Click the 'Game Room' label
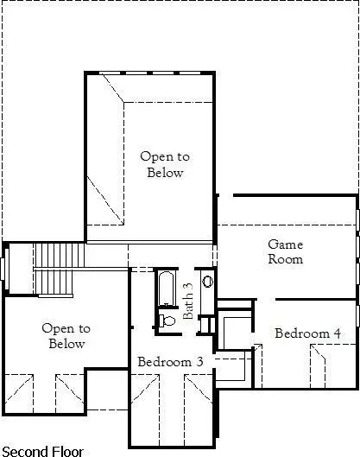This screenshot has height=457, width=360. [x=285, y=251]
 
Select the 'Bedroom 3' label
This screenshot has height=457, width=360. [x=170, y=360]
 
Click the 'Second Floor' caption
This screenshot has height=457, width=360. [x=43, y=450]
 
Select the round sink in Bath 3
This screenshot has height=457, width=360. [x=208, y=282]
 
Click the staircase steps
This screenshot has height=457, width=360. [x=60, y=256]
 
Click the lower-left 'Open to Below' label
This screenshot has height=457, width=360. [x=66, y=336]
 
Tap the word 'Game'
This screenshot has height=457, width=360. [x=285, y=244]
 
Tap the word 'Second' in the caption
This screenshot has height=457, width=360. [x=24, y=450]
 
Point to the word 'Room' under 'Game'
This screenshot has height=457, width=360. [x=285, y=259]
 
